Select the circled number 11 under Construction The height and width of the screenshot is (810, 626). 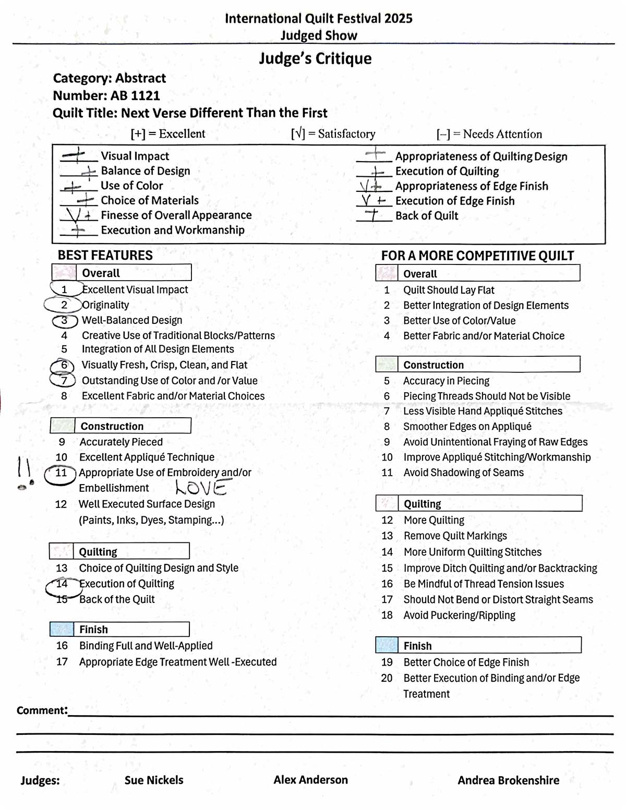61,473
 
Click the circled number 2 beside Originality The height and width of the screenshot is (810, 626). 64,305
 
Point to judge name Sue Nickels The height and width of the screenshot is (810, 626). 154,780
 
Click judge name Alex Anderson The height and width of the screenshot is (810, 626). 310,780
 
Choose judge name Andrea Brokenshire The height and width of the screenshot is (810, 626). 508,780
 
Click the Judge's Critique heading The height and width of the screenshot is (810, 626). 315,58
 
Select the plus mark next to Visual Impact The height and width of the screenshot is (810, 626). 76,155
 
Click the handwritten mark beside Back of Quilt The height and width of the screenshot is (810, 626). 373,215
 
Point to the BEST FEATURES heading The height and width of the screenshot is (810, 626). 105,255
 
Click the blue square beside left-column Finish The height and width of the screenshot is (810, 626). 62,629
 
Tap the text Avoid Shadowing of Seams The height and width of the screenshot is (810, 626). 463,473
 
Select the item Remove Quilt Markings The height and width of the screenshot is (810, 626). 455,536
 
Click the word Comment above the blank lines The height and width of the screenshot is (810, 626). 42,710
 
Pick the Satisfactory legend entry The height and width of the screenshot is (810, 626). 333,134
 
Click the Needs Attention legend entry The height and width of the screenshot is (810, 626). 489,134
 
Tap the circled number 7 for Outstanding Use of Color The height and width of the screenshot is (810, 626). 64,380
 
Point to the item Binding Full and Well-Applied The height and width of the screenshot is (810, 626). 146,646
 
